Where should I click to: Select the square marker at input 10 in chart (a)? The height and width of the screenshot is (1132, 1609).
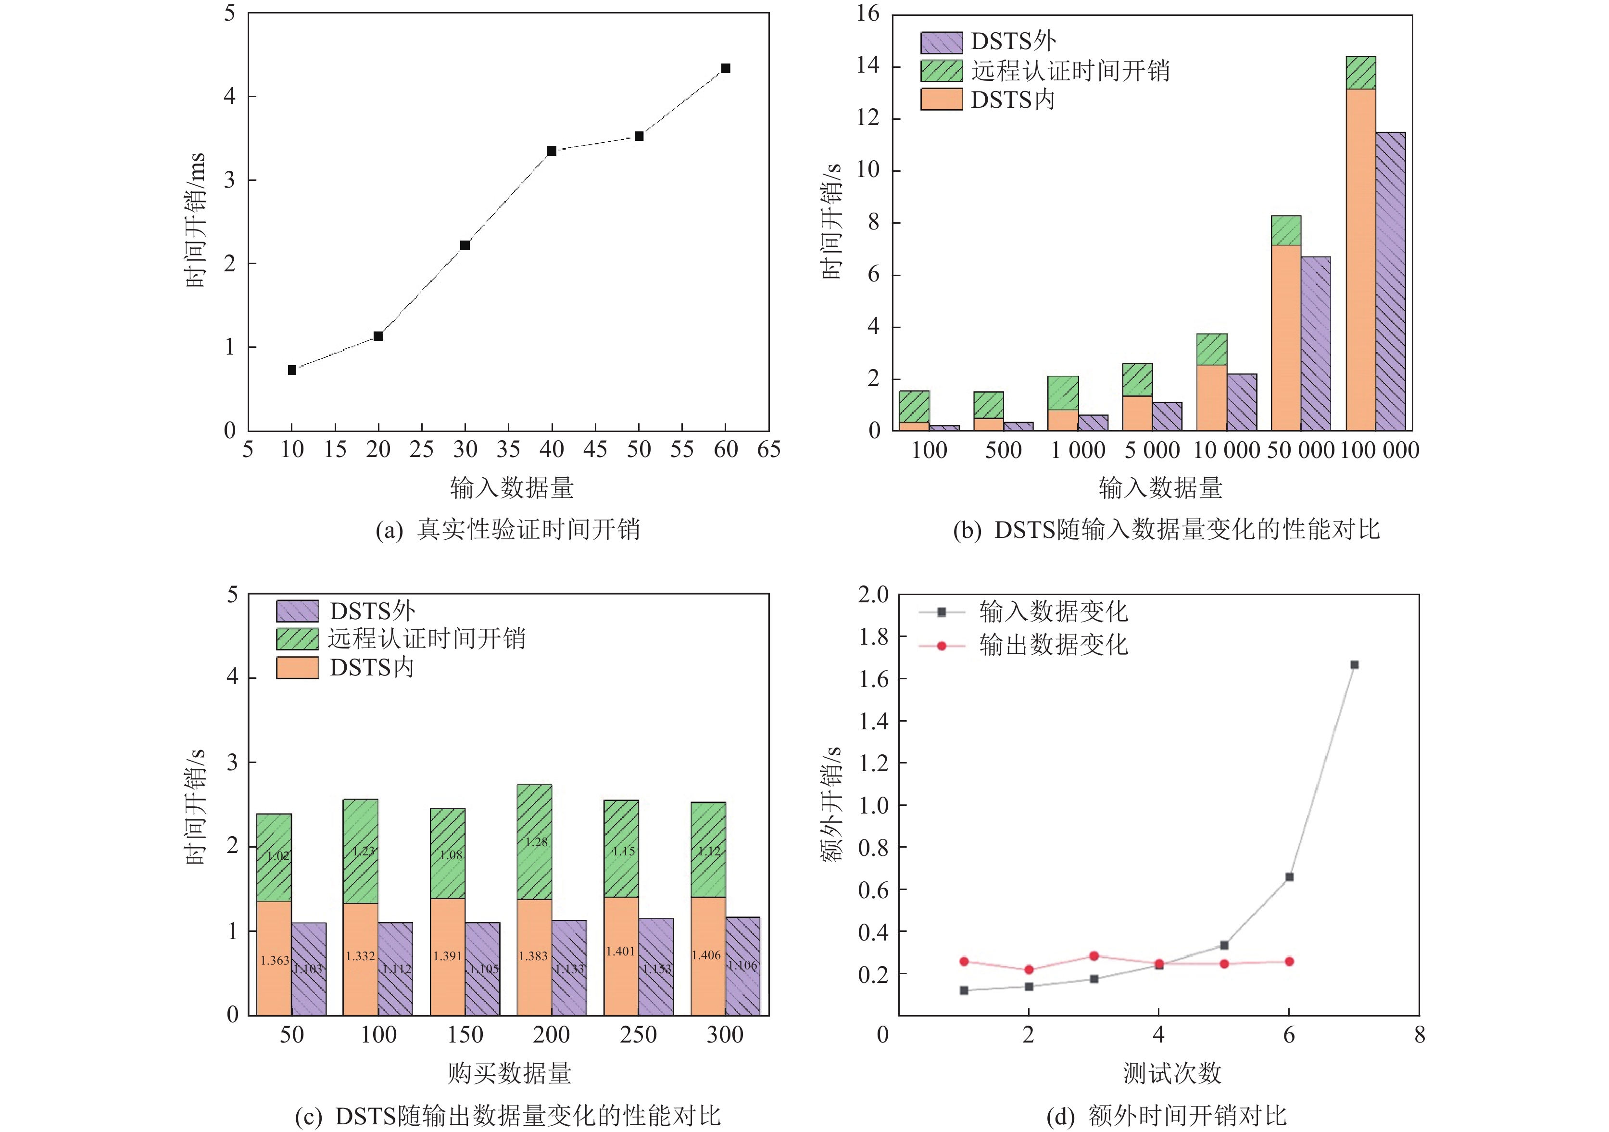click(292, 370)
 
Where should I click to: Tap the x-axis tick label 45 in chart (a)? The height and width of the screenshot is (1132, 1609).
click(595, 449)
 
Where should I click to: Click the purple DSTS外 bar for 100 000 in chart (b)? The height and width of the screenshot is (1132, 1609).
click(1390, 280)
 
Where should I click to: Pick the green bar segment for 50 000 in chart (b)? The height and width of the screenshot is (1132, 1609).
click(1286, 230)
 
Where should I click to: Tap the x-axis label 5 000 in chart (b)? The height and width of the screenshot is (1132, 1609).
click(1152, 450)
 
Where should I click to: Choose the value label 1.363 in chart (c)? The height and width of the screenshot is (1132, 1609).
click(274, 960)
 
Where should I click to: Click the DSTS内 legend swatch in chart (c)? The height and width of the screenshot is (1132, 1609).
click(297, 667)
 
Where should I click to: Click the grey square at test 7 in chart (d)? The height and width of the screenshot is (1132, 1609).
click(1354, 664)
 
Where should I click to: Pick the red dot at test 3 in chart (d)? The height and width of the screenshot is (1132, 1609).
click(1093, 956)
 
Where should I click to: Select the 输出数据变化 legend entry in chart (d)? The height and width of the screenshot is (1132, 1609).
click(1053, 645)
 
